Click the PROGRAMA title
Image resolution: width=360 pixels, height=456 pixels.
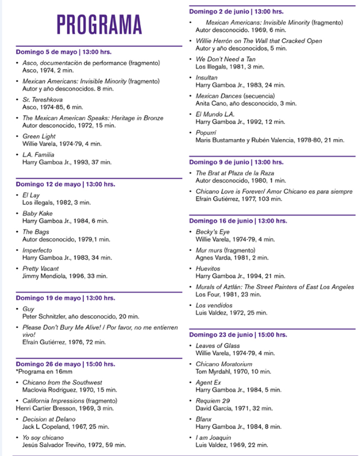[x=98, y=24]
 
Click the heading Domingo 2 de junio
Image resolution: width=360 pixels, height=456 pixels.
[x=236, y=11]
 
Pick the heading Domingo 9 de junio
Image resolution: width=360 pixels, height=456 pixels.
[x=236, y=162]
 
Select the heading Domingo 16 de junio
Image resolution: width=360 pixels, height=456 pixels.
[x=238, y=221]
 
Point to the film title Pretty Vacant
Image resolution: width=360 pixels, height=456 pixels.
[x=41, y=269]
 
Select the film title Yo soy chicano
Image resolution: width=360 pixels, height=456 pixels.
[x=43, y=437]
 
